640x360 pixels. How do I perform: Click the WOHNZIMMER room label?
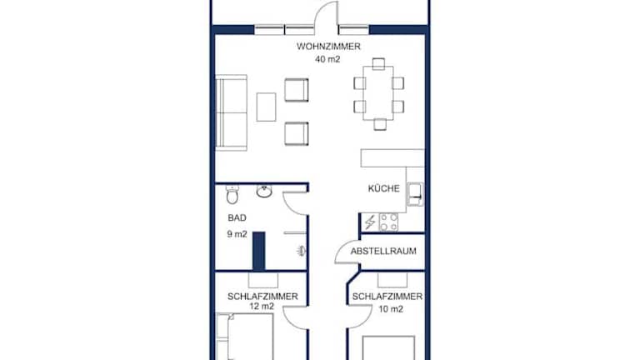coord(328,47)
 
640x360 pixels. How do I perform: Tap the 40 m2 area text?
coord(327,59)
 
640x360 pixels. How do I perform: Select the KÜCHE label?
coord(383,188)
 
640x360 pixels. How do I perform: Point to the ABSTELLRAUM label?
coord(383,251)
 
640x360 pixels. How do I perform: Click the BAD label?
coord(237,218)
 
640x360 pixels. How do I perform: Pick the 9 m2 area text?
coord(237,234)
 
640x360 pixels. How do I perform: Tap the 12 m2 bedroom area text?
coord(262,307)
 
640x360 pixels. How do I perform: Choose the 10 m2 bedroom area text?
coord(391,309)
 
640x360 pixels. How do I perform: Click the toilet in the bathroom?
coord(232,194)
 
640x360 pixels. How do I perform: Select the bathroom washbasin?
coord(264,191)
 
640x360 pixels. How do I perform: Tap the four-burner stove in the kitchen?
coord(388,222)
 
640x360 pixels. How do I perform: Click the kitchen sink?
coord(415,194)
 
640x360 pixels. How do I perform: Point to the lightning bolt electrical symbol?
coord(370,222)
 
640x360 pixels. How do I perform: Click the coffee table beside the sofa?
coord(266,107)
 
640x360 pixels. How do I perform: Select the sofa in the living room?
coord(231,112)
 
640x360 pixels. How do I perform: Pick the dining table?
coord(378,93)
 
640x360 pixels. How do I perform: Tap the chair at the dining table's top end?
coord(378,63)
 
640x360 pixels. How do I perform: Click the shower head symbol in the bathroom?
coord(301,251)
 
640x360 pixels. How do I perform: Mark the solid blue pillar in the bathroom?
coord(259,251)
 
